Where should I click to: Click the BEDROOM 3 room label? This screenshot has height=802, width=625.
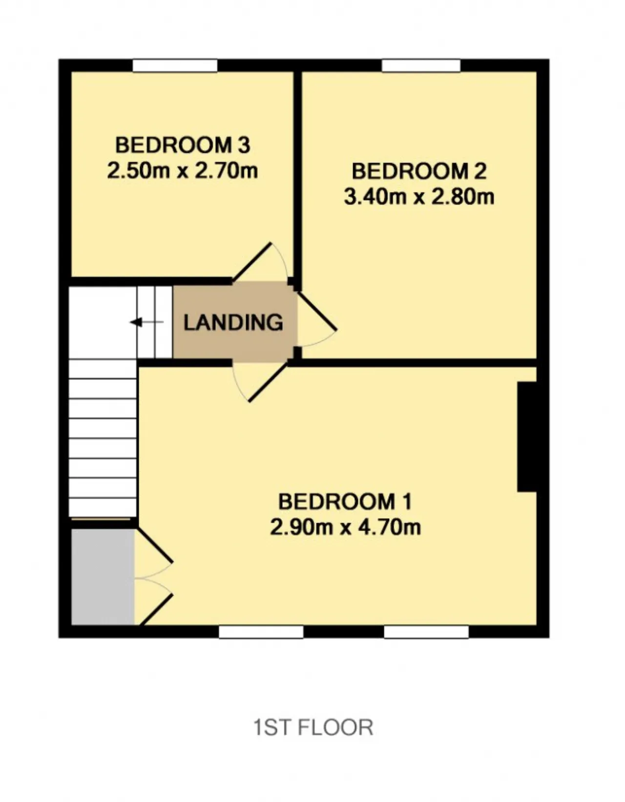[183, 145]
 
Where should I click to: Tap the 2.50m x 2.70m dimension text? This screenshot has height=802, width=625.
[182, 171]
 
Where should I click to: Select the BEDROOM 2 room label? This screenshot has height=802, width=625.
[419, 171]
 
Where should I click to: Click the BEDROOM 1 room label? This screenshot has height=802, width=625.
[345, 502]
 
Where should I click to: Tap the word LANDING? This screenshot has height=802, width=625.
[233, 322]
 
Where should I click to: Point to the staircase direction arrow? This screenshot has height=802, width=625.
[146, 322]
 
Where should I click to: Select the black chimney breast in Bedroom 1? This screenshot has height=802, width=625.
[526, 436]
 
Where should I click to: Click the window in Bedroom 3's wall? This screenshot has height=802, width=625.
[175, 66]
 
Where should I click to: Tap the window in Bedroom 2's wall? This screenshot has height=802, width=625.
[421, 66]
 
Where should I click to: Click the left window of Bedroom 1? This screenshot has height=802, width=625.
[261, 632]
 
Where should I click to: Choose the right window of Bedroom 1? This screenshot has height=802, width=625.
[426, 632]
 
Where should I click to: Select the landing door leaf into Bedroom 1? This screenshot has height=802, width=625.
[269, 382]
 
